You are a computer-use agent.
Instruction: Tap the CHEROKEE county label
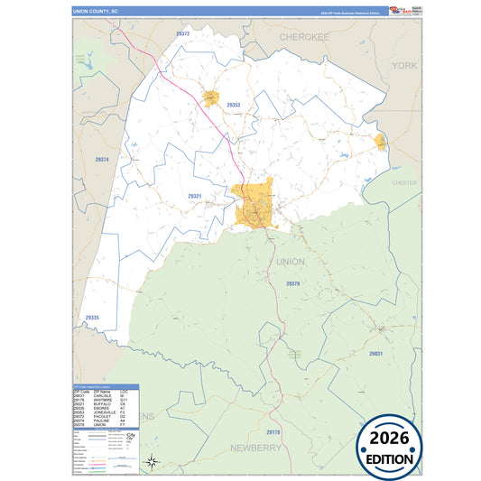point(304,39)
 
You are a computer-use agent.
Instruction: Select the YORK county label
point(405,66)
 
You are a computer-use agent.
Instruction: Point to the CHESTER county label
point(403,182)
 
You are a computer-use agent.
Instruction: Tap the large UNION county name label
point(291,262)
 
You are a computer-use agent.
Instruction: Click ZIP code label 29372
point(182,33)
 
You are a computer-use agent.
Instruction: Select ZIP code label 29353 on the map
point(233,106)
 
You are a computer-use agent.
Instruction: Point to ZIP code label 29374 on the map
point(102,160)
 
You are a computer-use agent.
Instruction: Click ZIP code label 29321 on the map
point(195,196)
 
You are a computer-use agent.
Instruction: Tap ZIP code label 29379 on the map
point(292,283)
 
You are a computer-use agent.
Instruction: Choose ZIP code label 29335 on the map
point(91,318)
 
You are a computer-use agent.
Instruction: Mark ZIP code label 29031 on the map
point(375,354)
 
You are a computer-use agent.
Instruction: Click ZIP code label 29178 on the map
point(273,433)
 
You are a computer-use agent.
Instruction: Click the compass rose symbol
point(153,463)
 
